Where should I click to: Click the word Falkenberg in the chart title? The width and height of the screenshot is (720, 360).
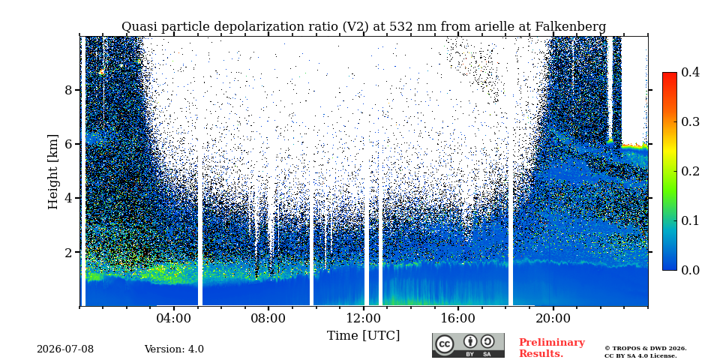pos(571,27)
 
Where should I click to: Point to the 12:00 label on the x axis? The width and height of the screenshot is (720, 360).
pos(364,318)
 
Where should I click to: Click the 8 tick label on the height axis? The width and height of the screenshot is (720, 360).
pos(68,89)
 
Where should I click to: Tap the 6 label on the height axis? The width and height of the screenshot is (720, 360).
pos(68,144)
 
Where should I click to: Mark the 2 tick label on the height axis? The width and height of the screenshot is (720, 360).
pos(68,252)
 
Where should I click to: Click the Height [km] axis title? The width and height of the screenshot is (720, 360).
pos(54,172)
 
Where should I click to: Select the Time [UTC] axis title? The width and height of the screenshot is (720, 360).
pos(363,336)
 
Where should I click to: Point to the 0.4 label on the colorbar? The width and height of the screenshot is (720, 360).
pos(690,72)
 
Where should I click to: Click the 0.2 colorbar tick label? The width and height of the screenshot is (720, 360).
pos(690,171)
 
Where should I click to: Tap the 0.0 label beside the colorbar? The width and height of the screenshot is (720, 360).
pos(690,270)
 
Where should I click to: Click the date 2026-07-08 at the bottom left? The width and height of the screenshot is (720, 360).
pos(65,349)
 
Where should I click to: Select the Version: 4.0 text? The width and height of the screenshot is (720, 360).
pos(174,349)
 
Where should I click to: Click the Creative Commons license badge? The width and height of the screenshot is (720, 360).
pos(468,345)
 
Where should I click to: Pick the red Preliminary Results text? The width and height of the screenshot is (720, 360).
pos(552,348)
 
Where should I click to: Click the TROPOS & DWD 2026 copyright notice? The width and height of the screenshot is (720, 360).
pos(646,349)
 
